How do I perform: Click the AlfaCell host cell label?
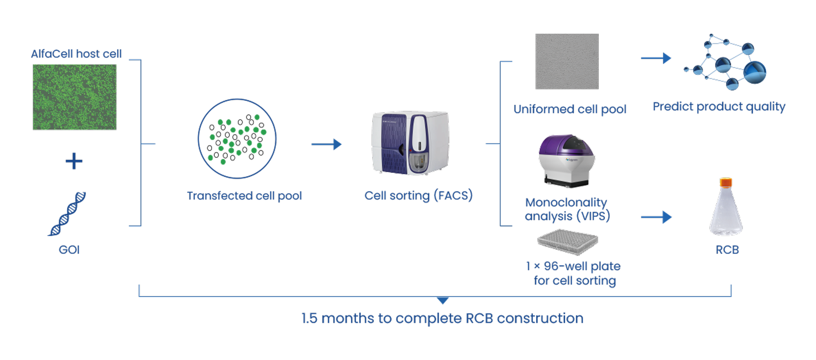(x=76, y=54)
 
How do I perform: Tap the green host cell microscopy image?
(x=75, y=97)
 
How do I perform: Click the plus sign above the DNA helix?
(x=74, y=161)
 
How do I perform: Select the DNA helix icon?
(x=67, y=214)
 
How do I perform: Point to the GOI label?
(x=69, y=250)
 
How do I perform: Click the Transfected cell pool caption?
(x=244, y=196)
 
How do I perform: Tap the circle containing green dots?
(x=237, y=139)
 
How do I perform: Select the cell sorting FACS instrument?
(x=410, y=143)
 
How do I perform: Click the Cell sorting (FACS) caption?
(x=418, y=195)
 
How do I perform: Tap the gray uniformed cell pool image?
(x=566, y=61)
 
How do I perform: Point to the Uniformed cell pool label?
(x=570, y=109)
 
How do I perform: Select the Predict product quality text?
(x=719, y=107)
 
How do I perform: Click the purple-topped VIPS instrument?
(x=566, y=160)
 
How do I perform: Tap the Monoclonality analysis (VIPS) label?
(x=567, y=209)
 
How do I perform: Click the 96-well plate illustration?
(x=567, y=242)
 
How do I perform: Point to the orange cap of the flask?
(x=726, y=182)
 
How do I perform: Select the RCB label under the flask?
(x=727, y=250)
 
